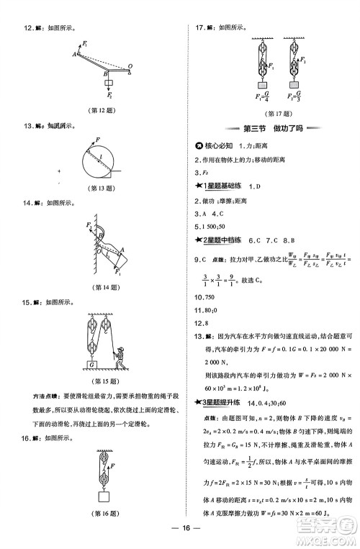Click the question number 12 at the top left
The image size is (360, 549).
(28, 29)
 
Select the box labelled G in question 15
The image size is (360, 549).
(92, 365)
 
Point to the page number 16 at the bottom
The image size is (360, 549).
(184, 530)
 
